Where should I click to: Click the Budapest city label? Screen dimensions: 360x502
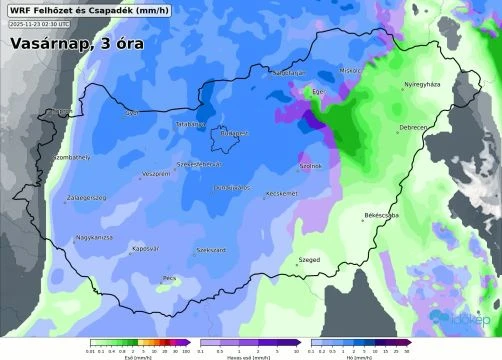pyautogui.click(x=233, y=131)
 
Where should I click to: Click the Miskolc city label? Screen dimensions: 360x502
pyautogui.click(x=349, y=71)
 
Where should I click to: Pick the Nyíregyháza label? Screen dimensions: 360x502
pyautogui.click(x=421, y=84)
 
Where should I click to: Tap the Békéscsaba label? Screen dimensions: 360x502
pyautogui.click(x=382, y=215)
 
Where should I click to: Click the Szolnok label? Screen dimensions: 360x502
pyautogui.click(x=311, y=166)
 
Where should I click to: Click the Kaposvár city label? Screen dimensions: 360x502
pyautogui.click(x=146, y=247)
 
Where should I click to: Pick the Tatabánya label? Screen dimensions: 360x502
pyautogui.click(x=190, y=124)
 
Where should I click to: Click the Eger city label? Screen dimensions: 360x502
pyautogui.click(x=320, y=92)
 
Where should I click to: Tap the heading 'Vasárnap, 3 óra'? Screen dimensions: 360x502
pyautogui.click(x=78, y=46)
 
